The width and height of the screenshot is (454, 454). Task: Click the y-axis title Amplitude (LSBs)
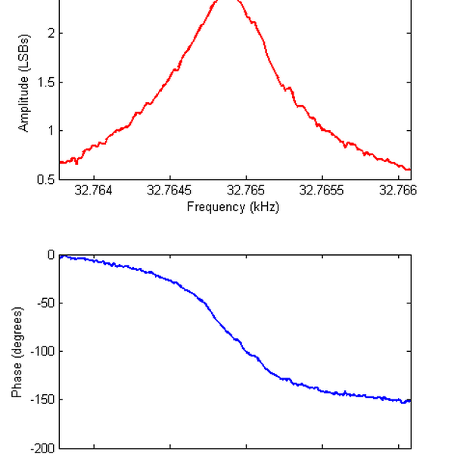24,83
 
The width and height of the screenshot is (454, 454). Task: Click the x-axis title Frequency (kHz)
233,207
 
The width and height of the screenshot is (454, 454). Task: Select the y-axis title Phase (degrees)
17,352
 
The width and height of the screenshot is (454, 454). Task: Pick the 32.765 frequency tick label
247,191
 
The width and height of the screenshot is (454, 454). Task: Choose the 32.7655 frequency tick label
323,191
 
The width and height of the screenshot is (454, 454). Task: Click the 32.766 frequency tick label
399,191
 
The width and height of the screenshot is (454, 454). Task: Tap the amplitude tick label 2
49,33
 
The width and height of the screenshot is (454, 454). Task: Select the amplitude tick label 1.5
45,82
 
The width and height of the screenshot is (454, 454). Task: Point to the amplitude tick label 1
49,130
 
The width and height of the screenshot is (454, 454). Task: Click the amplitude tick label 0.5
45,179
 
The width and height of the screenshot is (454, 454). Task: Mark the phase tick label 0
51,254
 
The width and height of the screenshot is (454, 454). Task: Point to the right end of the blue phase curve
410,400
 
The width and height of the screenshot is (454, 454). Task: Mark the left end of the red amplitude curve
60,162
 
